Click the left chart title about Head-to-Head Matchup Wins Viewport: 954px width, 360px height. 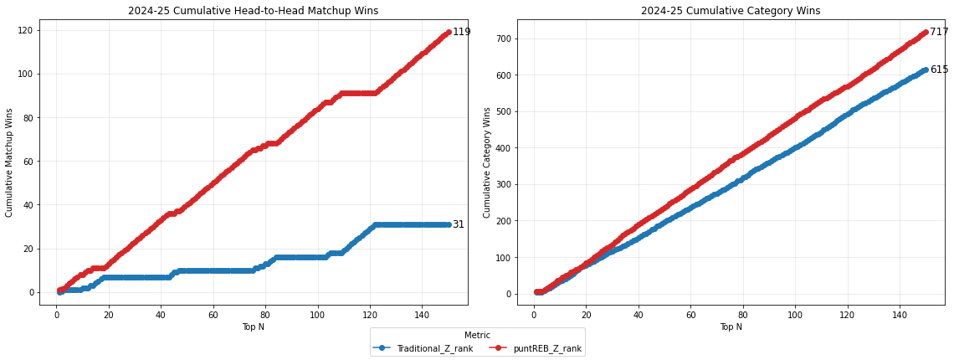(x=253, y=11)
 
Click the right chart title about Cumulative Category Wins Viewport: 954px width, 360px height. (x=731, y=11)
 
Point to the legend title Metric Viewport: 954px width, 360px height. (x=477, y=336)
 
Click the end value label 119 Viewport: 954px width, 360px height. (x=462, y=32)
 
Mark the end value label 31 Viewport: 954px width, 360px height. (x=459, y=224)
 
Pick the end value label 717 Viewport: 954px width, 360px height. (x=939, y=32)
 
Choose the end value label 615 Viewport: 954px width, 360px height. (x=939, y=69)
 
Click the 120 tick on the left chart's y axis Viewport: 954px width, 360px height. (x=25, y=30)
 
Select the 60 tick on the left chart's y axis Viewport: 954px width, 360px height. (x=28, y=161)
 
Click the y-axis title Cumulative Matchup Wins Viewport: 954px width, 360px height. (x=10, y=162)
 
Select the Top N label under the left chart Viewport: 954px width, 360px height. (x=253, y=327)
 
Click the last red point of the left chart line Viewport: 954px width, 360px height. (x=449, y=32)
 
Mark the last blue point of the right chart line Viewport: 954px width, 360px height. (x=926, y=69)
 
